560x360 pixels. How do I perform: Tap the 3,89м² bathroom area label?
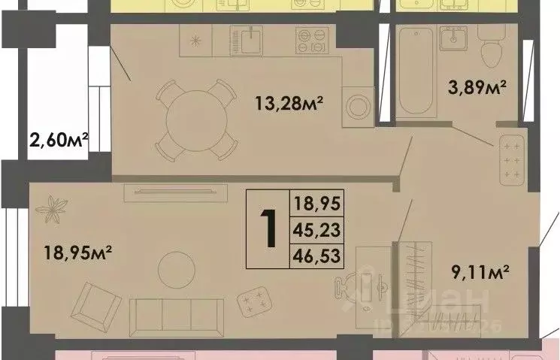[x=476, y=88]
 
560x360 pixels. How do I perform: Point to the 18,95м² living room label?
[x=77, y=251]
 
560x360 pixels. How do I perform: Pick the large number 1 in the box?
[x=268, y=228]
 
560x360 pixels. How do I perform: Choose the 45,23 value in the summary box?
[x=316, y=229]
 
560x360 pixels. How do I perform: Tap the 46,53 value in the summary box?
[x=316, y=257]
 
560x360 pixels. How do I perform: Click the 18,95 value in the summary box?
[x=316, y=202]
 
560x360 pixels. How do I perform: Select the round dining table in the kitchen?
[x=195, y=119]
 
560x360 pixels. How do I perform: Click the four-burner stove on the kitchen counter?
[x=313, y=40]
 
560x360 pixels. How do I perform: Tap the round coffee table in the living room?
[x=177, y=268]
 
